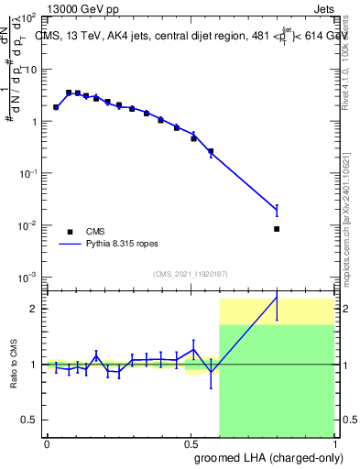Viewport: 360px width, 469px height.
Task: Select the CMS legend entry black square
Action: [70, 232]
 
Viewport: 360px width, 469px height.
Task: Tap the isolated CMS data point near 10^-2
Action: [277, 229]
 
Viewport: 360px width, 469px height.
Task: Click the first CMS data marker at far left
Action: [56, 107]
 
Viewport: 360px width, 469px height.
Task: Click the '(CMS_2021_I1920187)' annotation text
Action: [191, 273]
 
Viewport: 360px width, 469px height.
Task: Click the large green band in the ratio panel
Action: [275, 385]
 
